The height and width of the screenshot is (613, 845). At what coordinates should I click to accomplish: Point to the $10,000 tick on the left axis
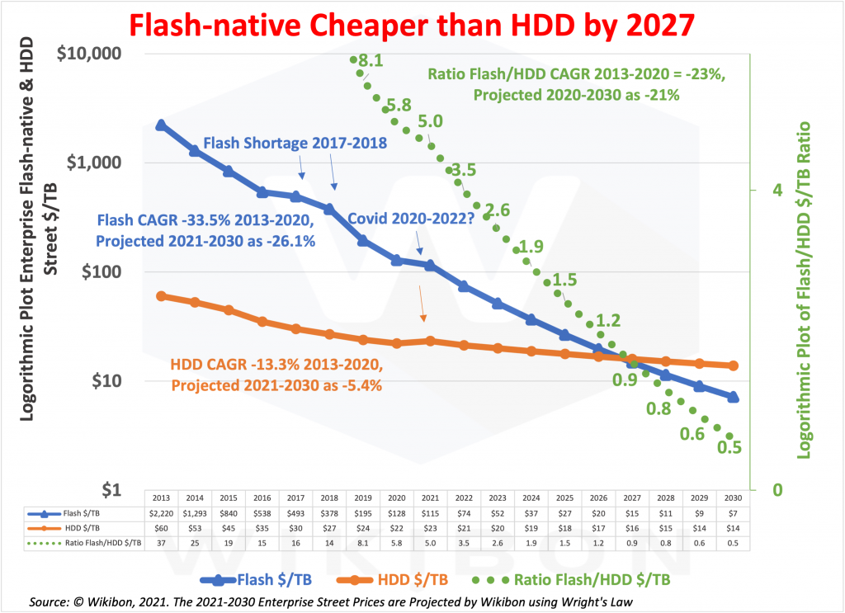click(87, 54)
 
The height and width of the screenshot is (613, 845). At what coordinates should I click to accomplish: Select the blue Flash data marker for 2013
click(162, 125)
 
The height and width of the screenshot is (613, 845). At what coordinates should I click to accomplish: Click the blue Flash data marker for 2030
click(733, 397)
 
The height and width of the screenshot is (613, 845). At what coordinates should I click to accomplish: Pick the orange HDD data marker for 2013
click(162, 296)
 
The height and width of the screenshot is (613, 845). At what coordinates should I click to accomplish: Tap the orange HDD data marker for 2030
click(733, 365)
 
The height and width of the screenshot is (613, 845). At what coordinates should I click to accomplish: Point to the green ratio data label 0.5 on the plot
click(730, 447)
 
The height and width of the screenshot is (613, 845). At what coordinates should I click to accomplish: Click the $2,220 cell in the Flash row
click(161, 514)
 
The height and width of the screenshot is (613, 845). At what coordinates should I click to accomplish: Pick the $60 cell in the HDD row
click(161, 528)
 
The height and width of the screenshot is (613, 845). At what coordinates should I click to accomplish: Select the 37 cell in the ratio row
click(161, 542)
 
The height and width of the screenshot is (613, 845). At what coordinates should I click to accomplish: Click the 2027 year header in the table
click(632, 499)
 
